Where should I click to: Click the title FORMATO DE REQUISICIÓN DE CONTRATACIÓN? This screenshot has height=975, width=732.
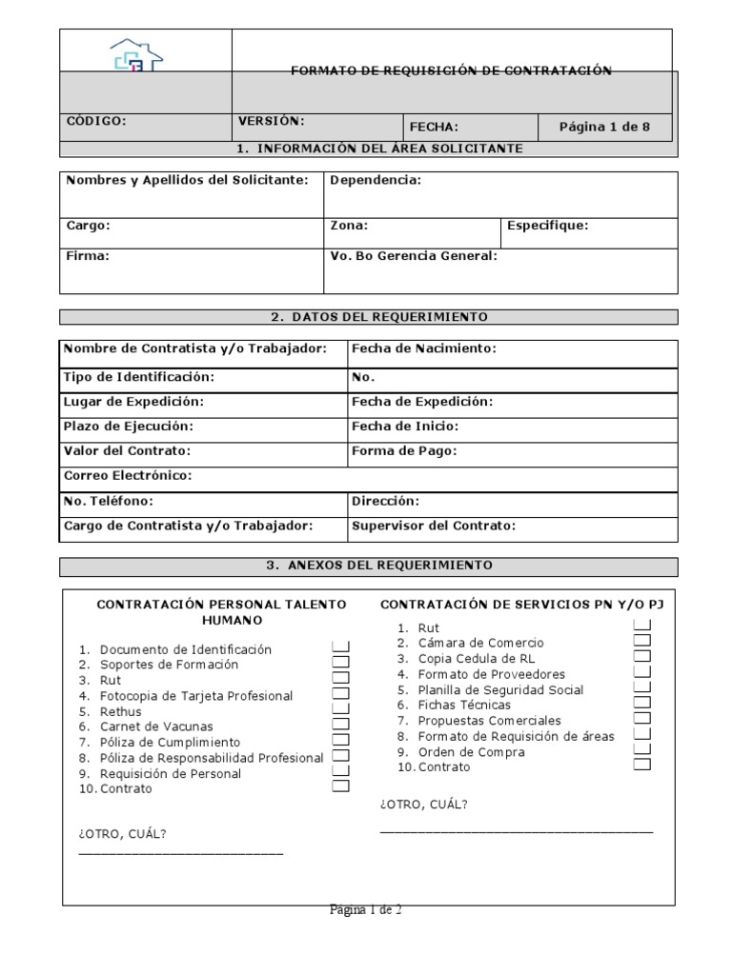pyautogui.click(x=451, y=70)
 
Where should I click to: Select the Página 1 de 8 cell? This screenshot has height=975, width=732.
pyautogui.click(x=604, y=127)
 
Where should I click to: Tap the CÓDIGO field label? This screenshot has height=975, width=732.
pyautogui.click(x=95, y=121)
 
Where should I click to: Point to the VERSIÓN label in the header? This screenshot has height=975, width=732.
pyautogui.click(x=271, y=121)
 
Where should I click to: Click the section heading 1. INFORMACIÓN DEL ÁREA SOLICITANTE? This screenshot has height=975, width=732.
pyautogui.click(x=378, y=149)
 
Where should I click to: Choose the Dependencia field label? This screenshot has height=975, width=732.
pyautogui.click(x=375, y=181)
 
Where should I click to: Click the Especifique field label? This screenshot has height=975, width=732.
pyautogui.click(x=547, y=227)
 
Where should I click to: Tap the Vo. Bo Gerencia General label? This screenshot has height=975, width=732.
pyautogui.click(x=413, y=256)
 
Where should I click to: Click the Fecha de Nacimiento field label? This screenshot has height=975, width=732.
pyautogui.click(x=424, y=349)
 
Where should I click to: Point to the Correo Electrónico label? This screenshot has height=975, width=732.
pyautogui.click(x=128, y=475)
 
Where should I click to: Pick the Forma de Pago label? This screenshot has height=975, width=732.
pyautogui.click(x=404, y=451)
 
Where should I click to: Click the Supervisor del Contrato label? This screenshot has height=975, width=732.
pyautogui.click(x=433, y=526)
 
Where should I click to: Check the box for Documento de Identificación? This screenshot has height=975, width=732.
pyautogui.click(x=341, y=647)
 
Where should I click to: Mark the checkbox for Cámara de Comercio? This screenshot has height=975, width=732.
pyautogui.click(x=642, y=641)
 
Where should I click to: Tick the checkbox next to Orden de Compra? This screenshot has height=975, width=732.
pyautogui.click(x=642, y=749)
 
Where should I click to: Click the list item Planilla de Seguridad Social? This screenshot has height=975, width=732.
pyautogui.click(x=500, y=690)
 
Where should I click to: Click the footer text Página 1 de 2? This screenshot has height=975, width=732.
pyautogui.click(x=365, y=911)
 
